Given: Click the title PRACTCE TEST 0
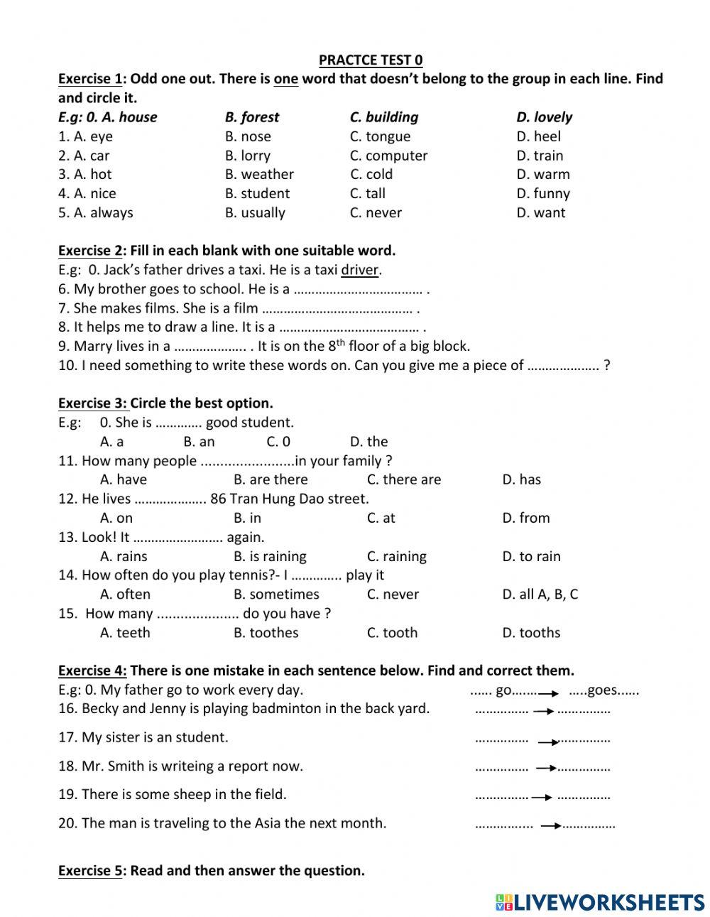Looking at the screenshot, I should [371, 60].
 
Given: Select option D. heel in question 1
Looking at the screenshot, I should [538, 136].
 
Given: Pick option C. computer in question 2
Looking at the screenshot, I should [388, 156].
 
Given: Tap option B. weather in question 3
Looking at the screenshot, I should [259, 174].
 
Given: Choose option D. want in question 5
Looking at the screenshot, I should [540, 212].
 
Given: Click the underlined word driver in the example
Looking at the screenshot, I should [361, 270].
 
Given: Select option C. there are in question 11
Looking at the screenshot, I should [403, 479].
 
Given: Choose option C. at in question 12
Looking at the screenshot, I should [381, 518].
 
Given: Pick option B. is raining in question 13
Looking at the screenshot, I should [270, 556].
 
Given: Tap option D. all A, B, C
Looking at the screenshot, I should [540, 594].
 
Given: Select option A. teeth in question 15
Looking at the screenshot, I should [125, 632].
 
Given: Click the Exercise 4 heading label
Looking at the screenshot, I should [92, 670].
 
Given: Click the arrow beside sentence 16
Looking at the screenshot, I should [543, 710].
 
